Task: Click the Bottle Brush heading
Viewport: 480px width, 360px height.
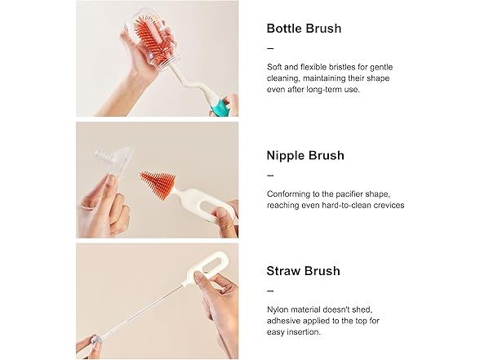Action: point(304,29)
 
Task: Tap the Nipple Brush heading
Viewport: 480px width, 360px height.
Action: point(305,155)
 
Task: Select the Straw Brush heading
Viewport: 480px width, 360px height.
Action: point(304,271)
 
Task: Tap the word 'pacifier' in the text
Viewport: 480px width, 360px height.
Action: point(351,194)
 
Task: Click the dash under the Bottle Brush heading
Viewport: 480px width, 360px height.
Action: point(270,48)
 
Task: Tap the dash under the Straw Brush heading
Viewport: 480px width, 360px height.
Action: point(270,291)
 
